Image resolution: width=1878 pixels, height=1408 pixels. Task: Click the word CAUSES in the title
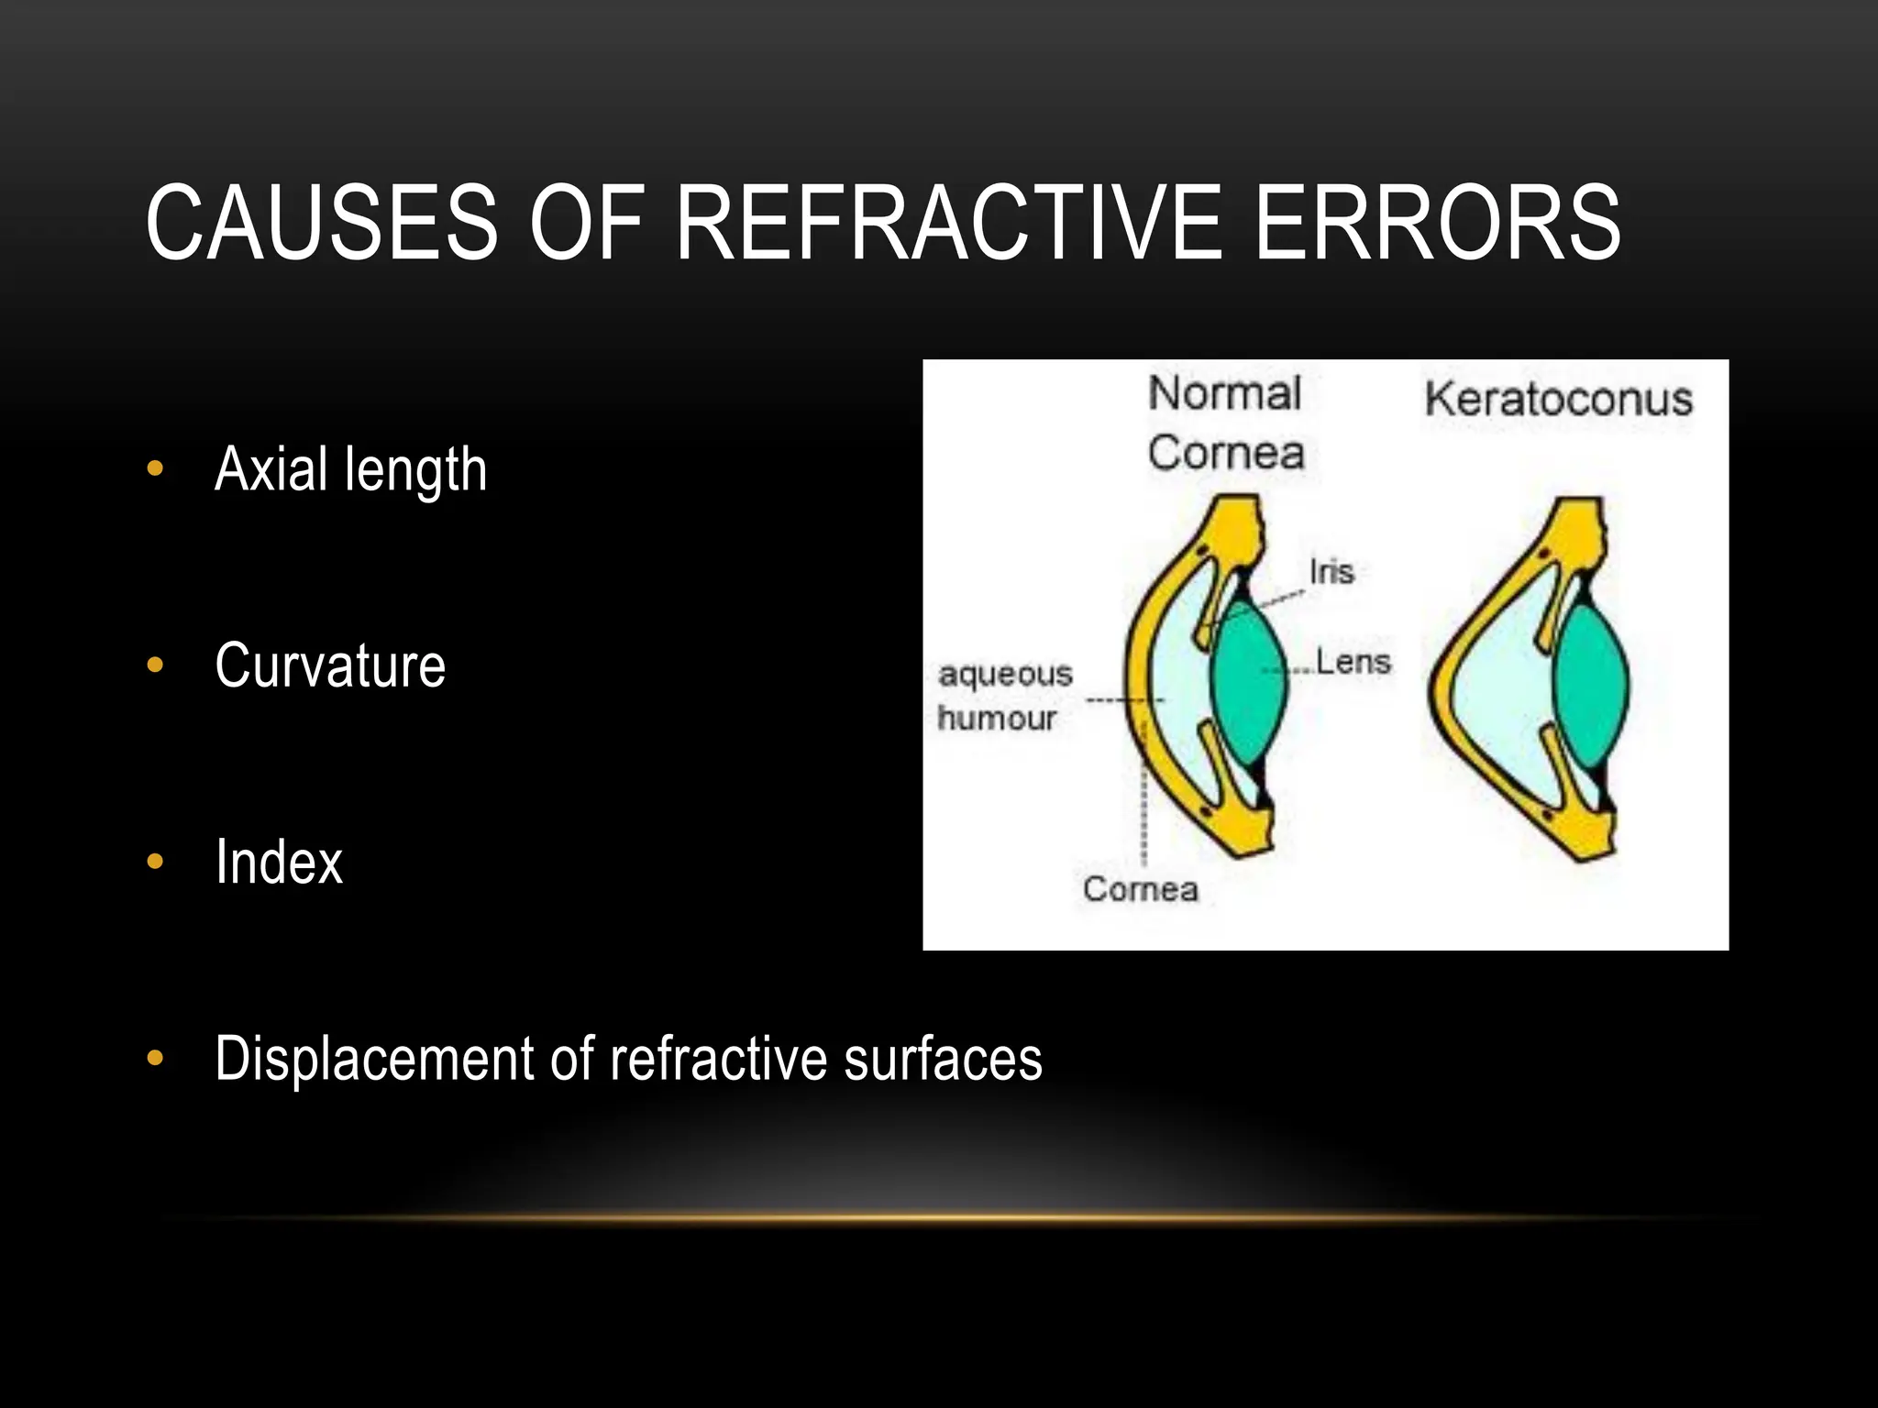[x=321, y=223]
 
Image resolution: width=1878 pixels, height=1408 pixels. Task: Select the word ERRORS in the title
[x=1437, y=223]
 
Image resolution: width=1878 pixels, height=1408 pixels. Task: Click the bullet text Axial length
[x=350, y=469]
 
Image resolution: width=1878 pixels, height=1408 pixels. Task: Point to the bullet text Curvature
[x=330, y=665]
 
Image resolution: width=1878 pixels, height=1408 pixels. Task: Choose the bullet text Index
[x=279, y=862]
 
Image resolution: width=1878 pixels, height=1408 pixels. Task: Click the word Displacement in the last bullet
[x=373, y=1059]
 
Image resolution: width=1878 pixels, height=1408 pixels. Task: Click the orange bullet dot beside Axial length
[x=155, y=469]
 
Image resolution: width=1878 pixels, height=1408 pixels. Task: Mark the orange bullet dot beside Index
[x=155, y=862]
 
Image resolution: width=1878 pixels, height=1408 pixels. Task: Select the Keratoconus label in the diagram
[x=1558, y=400]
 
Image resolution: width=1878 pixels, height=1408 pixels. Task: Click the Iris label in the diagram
[x=1331, y=572]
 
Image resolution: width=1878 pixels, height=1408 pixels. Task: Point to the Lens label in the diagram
[x=1353, y=662]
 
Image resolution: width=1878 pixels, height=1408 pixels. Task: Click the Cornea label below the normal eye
[x=1140, y=889]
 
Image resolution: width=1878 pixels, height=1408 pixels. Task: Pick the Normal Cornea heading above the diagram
[x=1225, y=423]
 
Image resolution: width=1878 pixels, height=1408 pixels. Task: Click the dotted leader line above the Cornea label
[x=1143, y=807]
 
